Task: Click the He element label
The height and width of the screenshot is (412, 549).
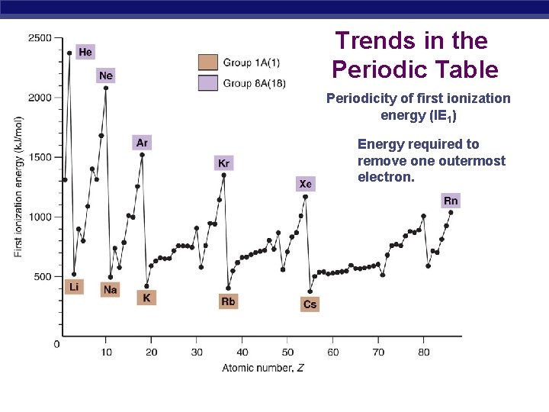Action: (x=85, y=52)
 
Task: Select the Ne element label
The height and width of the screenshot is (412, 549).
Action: (x=106, y=76)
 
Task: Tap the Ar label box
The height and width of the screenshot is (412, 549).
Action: (x=142, y=143)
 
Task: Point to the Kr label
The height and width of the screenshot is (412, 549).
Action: (x=223, y=163)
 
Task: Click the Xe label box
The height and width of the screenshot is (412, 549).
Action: (x=305, y=184)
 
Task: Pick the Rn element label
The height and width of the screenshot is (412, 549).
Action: (x=451, y=201)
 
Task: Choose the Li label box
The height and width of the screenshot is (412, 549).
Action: (x=74, y=287)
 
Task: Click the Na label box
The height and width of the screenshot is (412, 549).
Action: (x=111, y=289)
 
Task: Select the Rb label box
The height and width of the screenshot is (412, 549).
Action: (x=228, y=301)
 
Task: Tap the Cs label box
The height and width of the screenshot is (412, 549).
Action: (x=310, y=304)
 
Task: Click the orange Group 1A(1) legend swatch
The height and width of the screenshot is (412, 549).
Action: (x=208, y=63)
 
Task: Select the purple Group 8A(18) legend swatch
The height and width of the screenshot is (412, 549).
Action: (x=208, y=82)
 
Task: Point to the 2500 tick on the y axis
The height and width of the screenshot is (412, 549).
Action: (x=40, y=37)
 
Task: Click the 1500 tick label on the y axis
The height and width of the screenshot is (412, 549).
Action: (x=40, y=157)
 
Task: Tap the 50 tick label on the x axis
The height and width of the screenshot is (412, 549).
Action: (x=287, y=352)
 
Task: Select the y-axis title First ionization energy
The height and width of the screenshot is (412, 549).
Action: (x=18, y=186)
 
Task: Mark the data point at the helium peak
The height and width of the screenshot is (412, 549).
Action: (x=69, y=53)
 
